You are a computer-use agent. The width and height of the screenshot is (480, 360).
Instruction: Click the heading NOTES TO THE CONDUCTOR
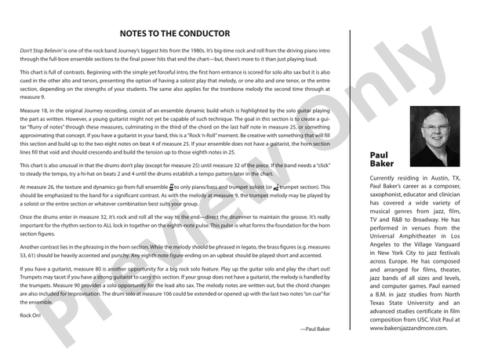coord(175,34)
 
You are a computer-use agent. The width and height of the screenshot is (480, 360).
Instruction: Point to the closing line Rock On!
coord(29,315)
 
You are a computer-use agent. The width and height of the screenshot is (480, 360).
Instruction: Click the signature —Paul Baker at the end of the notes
coord(315,329)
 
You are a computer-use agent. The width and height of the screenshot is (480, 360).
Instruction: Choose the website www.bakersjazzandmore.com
coord(408,327)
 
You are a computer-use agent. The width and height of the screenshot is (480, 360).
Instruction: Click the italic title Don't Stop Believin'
coord(45,49)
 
